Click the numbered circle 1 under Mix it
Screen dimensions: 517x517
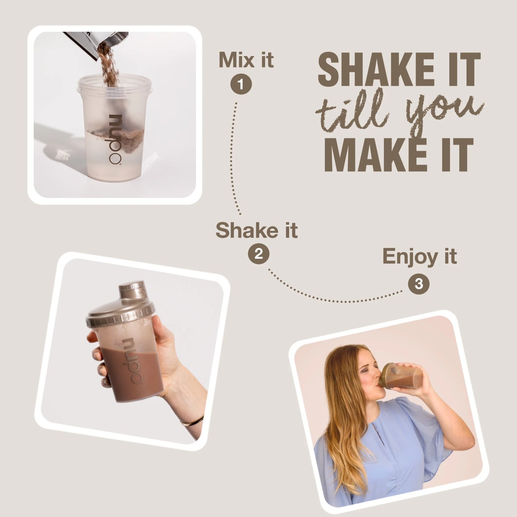pyautogui.click(x=241, y=84)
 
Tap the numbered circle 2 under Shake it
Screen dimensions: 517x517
pyautogui.click(x=258, y=254)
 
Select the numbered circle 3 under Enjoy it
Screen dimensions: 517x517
pyautogui.click(x=419, y=284)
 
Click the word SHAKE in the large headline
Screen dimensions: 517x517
pyautogui.click(x=376, y=69)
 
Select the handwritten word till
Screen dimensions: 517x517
pyautogui.click(x=352, y=111)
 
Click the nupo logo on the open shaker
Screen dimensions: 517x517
pyautogui.click(x=115, y=140)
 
